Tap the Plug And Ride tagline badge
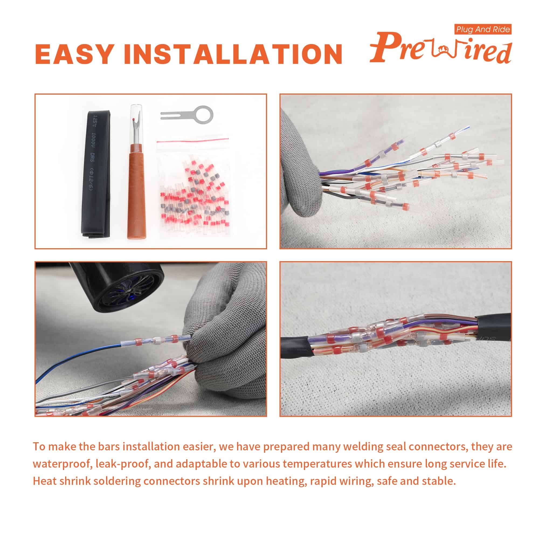[483, 29]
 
